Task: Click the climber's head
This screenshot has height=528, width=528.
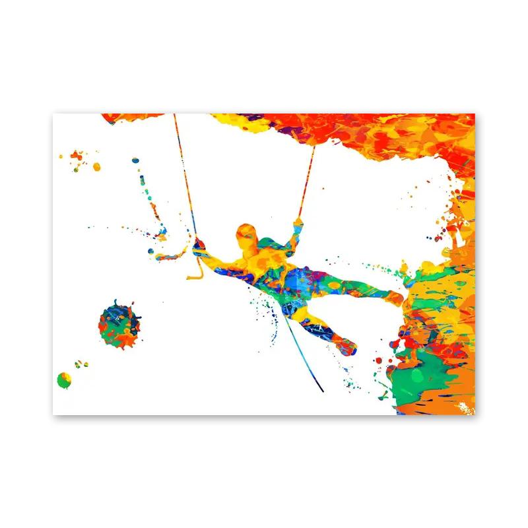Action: [247, 234]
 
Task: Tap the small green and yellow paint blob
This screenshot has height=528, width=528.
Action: [64, 379]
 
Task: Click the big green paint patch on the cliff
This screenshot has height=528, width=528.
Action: [417, 376]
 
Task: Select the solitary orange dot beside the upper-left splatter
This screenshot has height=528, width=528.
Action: [96, 166]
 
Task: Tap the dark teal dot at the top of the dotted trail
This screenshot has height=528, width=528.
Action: [135, 160]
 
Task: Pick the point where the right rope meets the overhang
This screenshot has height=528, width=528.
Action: [313, 147]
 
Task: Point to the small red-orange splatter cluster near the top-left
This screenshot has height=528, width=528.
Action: [77, 157]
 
